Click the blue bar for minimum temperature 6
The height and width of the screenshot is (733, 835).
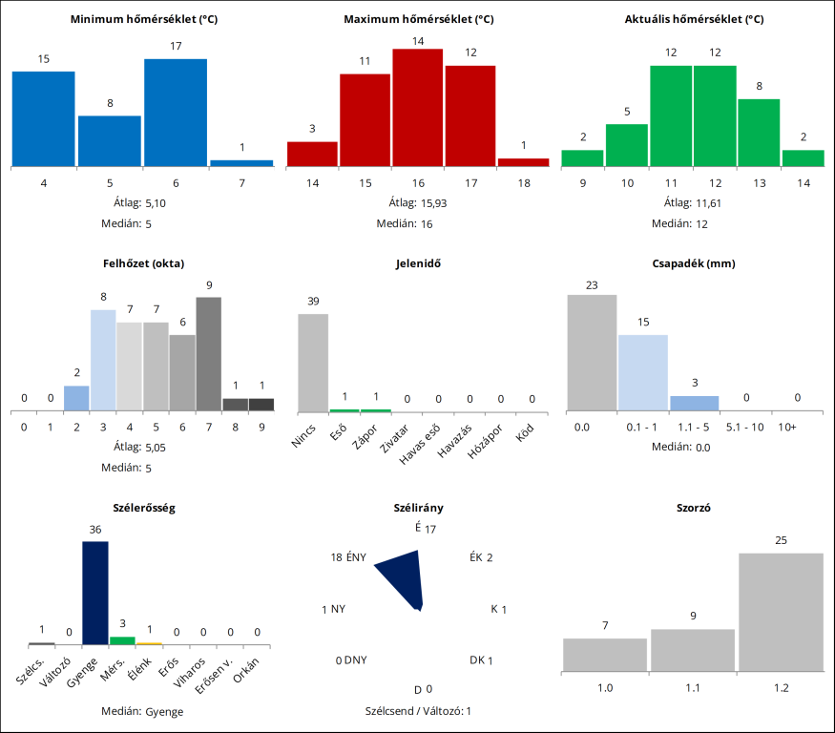(x=176, y=112)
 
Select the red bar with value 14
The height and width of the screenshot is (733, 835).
(x=417, y=107)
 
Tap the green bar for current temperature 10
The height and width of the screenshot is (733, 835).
(x=627, y=145)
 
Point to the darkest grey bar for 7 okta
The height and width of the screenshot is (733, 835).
(x=209, y=353)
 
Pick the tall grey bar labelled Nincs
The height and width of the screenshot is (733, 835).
(x=313, y=362)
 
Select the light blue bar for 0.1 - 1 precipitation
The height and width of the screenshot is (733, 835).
(x=643, y=373)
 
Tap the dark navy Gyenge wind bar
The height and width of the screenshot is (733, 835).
(x=95, y=593)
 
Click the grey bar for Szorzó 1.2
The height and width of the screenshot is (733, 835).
(x=781, y=612)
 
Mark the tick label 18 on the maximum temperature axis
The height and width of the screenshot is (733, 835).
(x=522, y=182)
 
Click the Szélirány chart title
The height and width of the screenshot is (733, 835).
(x=418, y=508)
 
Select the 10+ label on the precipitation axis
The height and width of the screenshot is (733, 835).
(x=786, y=427)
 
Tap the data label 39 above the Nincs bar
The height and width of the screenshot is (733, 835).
(x=313, y=302)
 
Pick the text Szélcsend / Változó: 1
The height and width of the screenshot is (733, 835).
(x=418, y=711)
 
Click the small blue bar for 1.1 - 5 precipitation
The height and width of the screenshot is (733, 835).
(x=694, y=403)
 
